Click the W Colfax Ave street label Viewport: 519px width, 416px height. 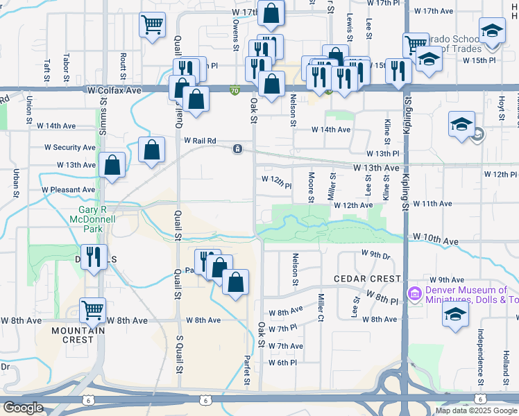[114, 90]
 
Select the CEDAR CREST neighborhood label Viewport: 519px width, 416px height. [368, 279]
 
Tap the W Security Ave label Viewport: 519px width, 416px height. [70, 148]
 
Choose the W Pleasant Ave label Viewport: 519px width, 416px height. [68, 189]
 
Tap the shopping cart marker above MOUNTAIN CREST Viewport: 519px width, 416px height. [93, 311]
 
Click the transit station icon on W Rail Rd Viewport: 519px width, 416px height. [238, 149]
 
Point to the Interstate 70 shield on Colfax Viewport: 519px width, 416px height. [235, 90]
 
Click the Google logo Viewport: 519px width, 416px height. [24, 408]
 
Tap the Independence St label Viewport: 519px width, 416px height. [479, 357]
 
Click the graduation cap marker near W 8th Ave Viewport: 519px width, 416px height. [455, 316]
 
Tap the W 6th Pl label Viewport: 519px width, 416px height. [282, 363]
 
